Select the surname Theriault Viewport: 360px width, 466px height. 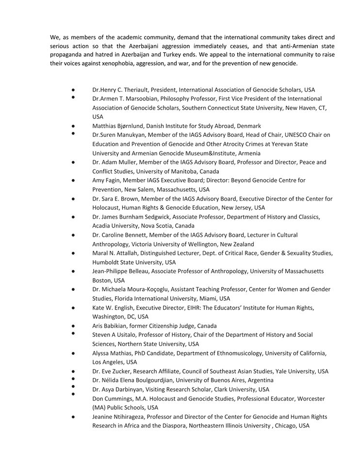[140, 90]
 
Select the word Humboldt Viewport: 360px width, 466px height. [107, 262]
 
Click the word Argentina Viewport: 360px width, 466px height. [258, 380]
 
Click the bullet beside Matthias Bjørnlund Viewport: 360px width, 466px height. [72, 126]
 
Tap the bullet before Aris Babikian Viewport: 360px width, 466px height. [72, 326]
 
